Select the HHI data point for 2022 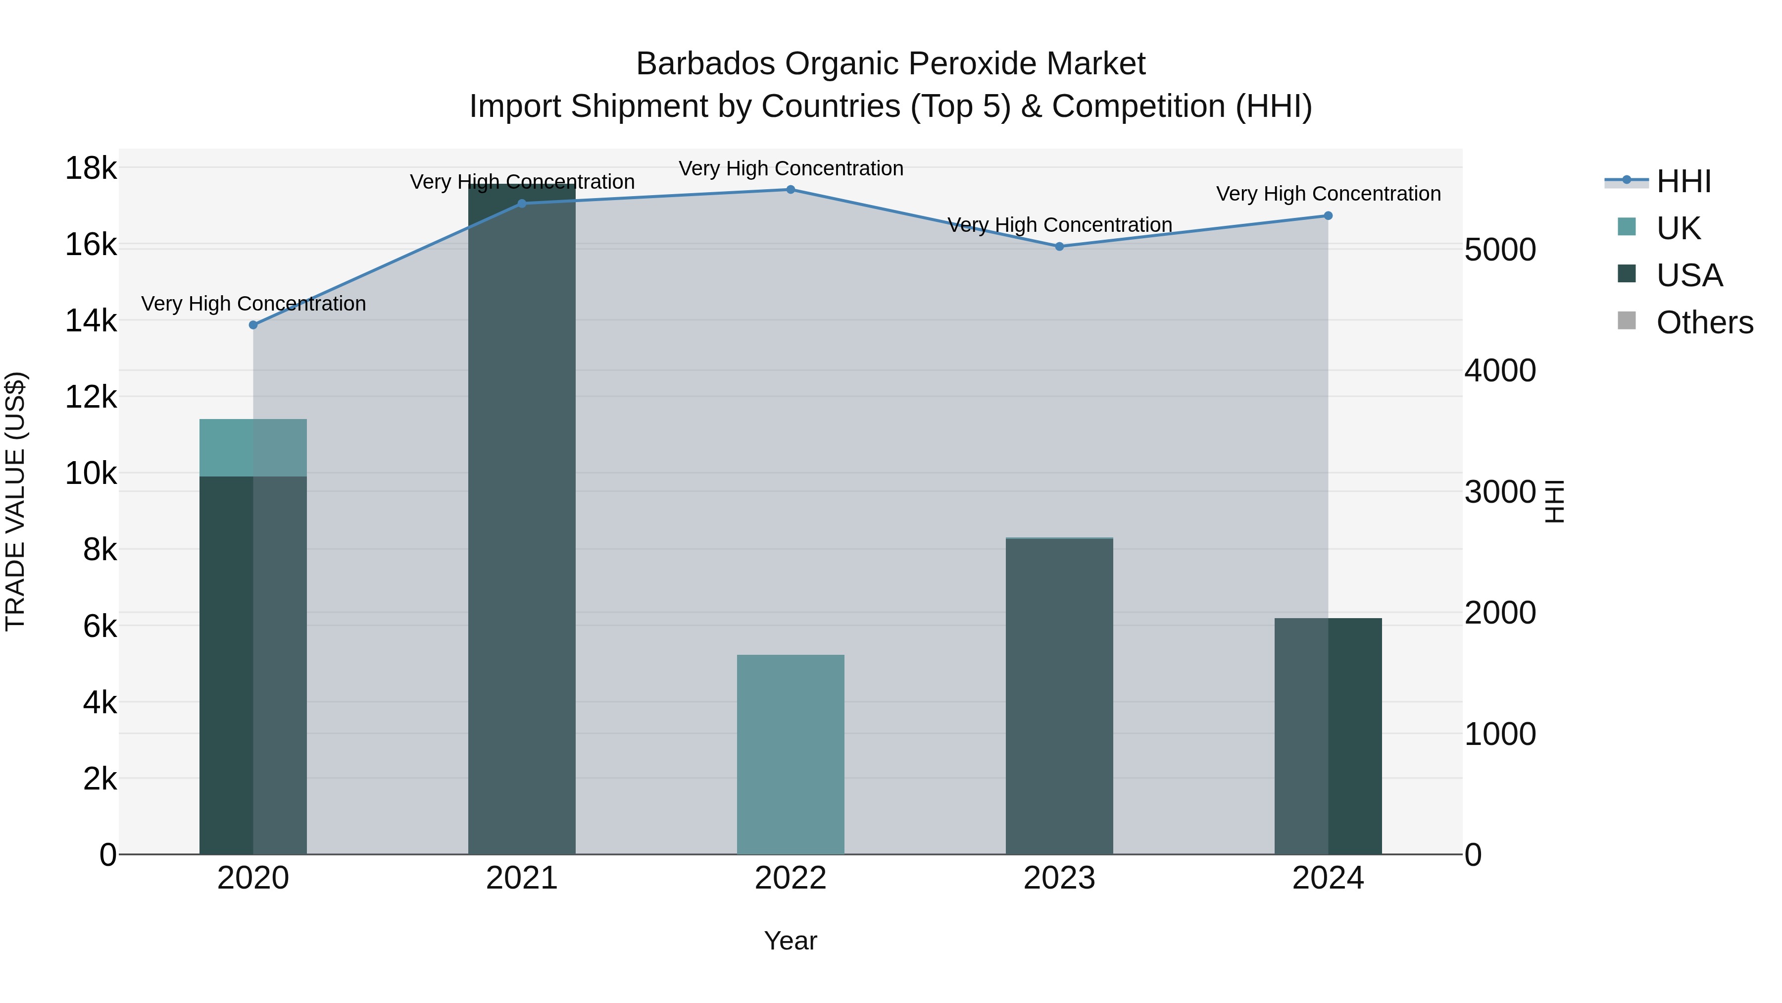click(791, 190)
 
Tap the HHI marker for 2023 click(1059, 247)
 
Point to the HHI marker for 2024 click(1328, 216)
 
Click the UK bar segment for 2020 click(253, 448)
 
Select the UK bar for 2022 click(791, 754)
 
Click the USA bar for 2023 click(1059, 696)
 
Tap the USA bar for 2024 click(1328, 737)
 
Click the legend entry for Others click(1704, 322)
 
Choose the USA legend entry click(1689, 275)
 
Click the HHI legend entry click(1684, 181)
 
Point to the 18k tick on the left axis click(91, 168)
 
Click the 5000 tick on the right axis click(1500, 250)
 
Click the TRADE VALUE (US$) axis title click(15, 502)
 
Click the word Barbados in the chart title click(705, 64)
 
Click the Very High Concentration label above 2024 click(1328, 194)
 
